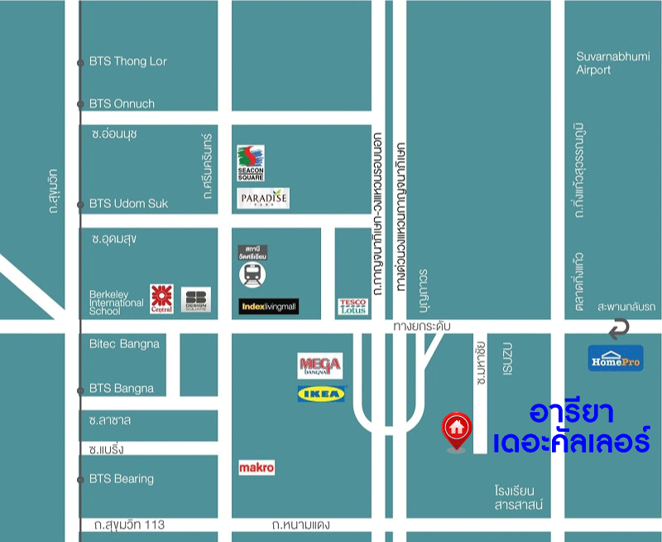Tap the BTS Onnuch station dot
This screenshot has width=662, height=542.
click(x=80, y=104)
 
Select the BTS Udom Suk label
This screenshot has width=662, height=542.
click(x=128, y=203)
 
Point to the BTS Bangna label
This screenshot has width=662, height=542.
click(x=121, y=388)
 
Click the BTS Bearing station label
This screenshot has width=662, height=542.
click(x=121, y=478)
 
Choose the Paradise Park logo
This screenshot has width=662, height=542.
click(x=263, y=199)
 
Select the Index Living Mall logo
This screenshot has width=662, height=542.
click(x=268, y=307)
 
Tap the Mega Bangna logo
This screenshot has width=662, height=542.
click(x=319, y=365)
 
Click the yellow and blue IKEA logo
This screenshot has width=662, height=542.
click(x=321, y=394)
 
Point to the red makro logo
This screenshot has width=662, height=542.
click(x=256, y=468)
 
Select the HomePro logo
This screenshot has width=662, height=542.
click(x=616, y=358)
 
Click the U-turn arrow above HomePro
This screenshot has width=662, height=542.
click(x=616, y=330)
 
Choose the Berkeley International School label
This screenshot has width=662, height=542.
click(x=116, y=302)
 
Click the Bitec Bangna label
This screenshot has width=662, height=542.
click(x=124, y=343)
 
